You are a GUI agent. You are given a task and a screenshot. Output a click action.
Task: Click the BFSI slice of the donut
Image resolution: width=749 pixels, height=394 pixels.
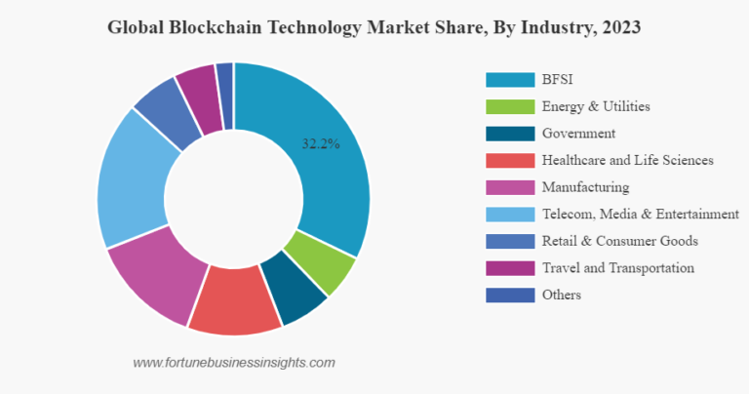coord(327,166)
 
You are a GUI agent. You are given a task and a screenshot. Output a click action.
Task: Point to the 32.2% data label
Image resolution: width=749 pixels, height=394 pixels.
coord(320,143)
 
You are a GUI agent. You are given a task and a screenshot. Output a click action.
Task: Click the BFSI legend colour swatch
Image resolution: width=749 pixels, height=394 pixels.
coord(509,80)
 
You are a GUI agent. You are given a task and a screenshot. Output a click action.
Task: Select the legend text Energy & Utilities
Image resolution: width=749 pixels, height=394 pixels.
coord(596,106)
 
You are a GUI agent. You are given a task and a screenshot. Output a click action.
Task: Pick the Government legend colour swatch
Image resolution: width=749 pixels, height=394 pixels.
coord(509,134)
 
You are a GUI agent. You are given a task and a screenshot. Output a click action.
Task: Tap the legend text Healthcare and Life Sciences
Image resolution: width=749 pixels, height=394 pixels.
coord(627,160)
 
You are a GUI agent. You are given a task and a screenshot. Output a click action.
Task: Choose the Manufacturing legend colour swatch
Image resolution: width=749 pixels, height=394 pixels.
coord(509,187)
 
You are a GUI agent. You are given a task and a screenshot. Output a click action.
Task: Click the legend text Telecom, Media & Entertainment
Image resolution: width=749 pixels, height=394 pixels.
coord(640,214)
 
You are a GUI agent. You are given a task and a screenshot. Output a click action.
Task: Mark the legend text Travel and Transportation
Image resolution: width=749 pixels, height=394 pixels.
coord(618,267)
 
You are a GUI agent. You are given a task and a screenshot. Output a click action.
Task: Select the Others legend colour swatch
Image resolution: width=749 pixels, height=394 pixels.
coord(509,295)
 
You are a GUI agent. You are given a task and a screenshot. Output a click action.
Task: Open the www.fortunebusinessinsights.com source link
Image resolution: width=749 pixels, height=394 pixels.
coord(234,362)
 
